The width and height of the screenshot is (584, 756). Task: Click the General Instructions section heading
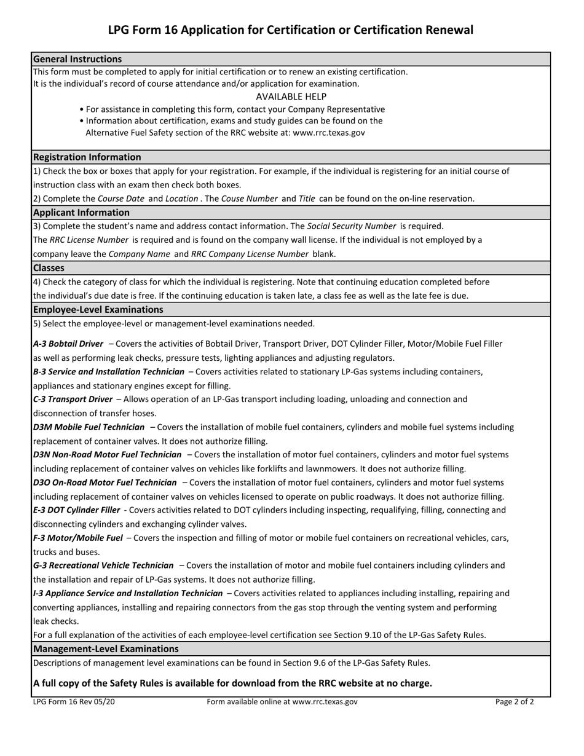click(77, 59)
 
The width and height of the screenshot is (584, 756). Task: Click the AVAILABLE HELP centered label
click(291, 96)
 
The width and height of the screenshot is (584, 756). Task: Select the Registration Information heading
click(87, 157)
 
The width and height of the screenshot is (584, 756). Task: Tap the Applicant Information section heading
click(81, 212)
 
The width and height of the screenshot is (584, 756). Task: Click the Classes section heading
click(49, 268)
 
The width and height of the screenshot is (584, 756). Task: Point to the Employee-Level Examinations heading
click(98, 309)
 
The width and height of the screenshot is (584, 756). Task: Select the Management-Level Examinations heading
click(106, 648)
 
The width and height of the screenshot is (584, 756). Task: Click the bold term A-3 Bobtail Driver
click(68, 344)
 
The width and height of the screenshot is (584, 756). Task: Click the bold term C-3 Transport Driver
click(73, 399)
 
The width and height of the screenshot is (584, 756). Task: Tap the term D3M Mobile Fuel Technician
click(89, 427)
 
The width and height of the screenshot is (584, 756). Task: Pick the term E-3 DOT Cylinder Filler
click(77, 510)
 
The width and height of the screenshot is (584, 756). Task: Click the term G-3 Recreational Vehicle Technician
click(103, 565)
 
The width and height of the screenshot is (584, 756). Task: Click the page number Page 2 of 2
click(515, 701)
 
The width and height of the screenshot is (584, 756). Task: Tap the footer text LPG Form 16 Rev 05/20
click(74, 701)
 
